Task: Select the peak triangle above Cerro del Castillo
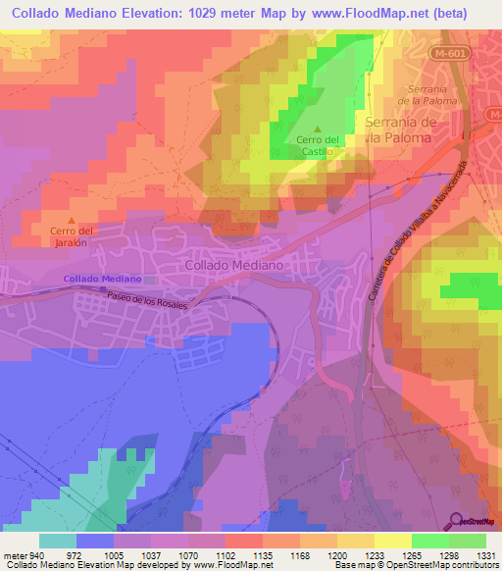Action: point(317,128)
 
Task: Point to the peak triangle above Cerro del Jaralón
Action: point(70,220)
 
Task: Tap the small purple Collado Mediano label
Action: point(102,280)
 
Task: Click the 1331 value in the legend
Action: point(484,555)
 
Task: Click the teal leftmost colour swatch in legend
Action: point(58,541)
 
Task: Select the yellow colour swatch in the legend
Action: point(392,541)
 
